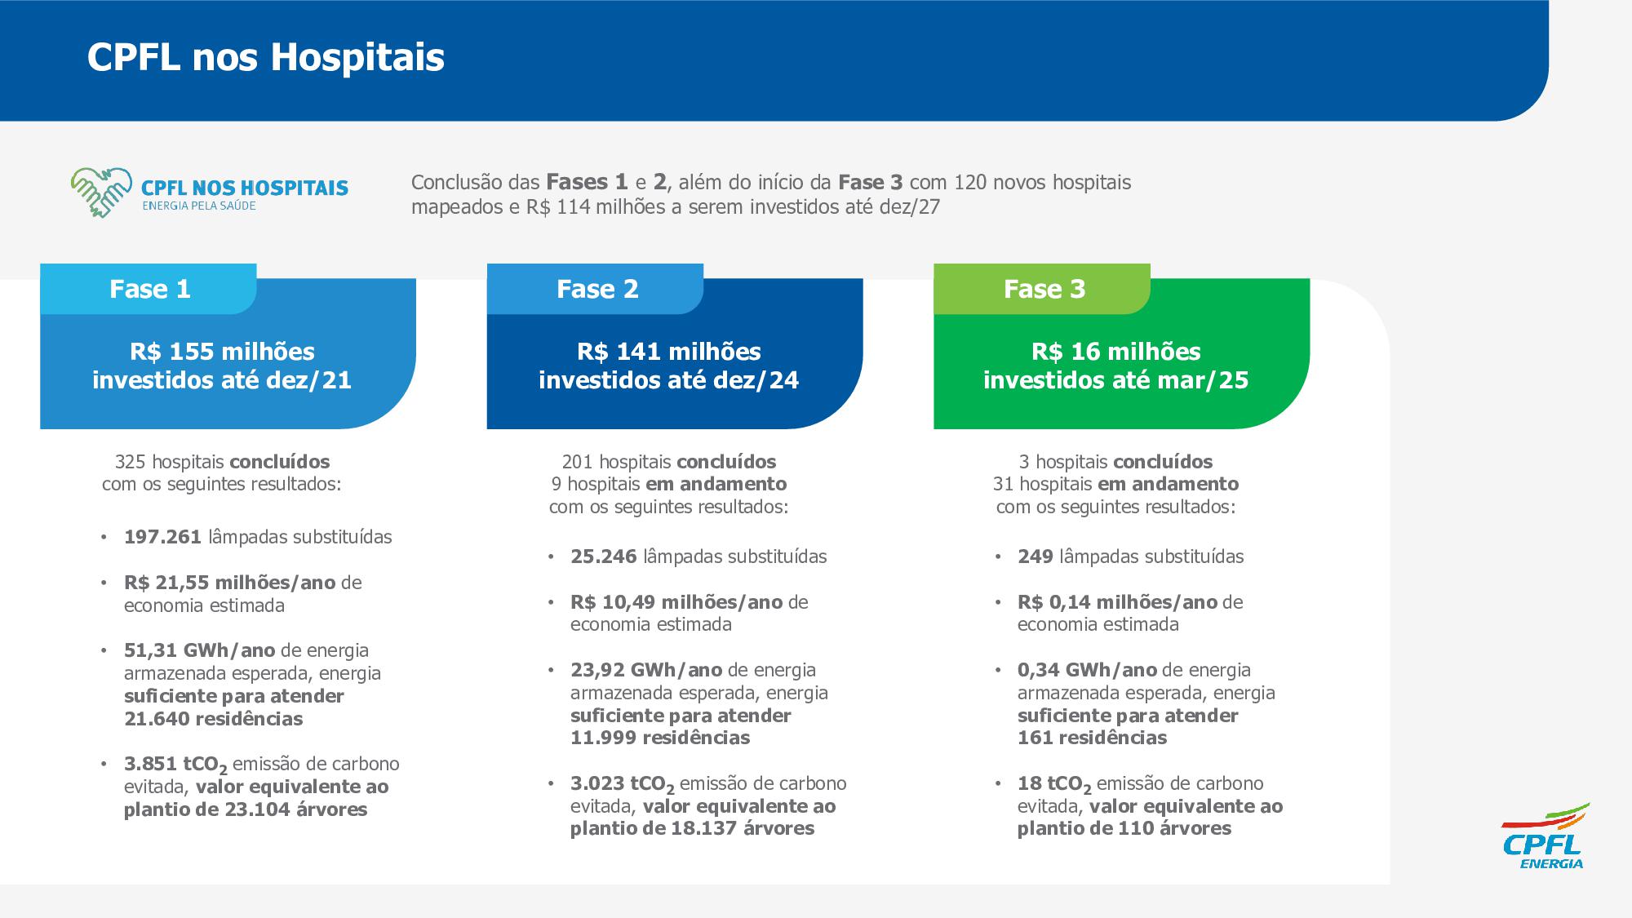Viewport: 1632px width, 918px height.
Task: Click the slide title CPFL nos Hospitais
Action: click(x=265, y=57)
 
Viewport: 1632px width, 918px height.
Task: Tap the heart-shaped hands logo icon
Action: click(x=101, y=193)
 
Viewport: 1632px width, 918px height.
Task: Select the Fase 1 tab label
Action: click(x=149, y=289)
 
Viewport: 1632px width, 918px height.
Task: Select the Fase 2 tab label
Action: click(x=596, y=289)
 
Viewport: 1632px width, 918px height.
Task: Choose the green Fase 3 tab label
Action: click(x=1044, y=289)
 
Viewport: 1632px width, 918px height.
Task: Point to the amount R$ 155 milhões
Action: click(x=222, y=352)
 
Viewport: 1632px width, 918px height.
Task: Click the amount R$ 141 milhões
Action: click(x=668, y=352)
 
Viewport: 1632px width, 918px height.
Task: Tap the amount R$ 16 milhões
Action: click(x=1115, y=352)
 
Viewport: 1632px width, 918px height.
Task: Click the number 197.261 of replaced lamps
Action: click(x=162, y=537)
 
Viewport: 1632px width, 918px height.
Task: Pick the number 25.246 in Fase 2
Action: click(x=603, y=557)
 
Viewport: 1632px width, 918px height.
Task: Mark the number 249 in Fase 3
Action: click(x=1035, y=557)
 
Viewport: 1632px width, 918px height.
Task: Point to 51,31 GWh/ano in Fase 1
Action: click(x=199, y=650)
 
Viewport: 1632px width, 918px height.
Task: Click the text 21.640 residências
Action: click(x=213, y=719)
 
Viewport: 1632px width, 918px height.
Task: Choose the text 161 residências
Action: click(x=1092, y=738)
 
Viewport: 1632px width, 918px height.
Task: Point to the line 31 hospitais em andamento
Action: click(x=1115, y=484)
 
